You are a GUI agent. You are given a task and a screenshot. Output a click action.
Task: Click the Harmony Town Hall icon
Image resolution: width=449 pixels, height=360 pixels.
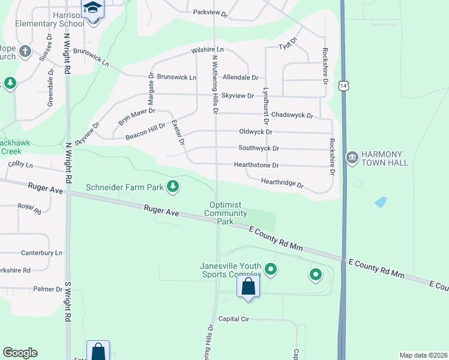352,157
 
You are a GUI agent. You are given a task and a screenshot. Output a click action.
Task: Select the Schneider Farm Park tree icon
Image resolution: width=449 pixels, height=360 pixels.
173,187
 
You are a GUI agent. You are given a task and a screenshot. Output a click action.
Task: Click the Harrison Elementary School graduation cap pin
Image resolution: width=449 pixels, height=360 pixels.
93,8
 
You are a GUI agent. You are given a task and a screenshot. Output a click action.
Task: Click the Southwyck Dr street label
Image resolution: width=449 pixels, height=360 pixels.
259,148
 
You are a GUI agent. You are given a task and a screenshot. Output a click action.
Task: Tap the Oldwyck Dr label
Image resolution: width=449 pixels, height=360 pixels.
256,131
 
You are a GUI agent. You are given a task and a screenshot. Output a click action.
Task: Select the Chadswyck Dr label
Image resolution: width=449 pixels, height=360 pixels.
292,115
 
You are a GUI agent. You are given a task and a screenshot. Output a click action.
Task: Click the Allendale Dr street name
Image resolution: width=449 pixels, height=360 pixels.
240,77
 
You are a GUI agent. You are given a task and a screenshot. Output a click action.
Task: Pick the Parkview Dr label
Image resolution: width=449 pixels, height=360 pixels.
211,13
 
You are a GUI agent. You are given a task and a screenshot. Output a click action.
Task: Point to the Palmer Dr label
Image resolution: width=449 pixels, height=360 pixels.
47,289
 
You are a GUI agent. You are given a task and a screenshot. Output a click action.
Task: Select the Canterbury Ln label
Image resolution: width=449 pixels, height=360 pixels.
41,253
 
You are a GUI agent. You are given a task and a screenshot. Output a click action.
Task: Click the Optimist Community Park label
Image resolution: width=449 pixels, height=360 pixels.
226,213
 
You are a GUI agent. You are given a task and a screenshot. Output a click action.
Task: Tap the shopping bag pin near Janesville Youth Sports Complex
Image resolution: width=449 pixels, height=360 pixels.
248,286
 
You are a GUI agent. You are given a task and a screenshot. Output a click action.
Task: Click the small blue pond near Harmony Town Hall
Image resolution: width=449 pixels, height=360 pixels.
381,202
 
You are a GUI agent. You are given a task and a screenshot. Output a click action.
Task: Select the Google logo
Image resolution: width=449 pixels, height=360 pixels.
20,353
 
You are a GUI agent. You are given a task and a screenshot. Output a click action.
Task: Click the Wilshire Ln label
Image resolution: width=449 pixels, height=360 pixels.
207,50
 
